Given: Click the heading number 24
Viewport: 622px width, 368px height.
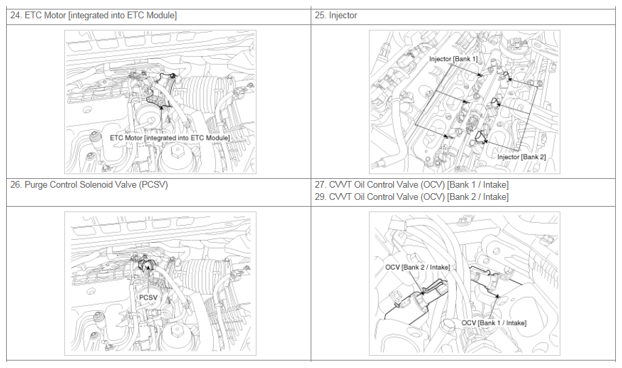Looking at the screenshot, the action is pyautogui.click(x=16, y=16).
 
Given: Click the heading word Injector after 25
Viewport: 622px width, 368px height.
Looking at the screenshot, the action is pyautogui.click(x=343, y=16).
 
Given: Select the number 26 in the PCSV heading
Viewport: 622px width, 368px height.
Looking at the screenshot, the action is pyautogui.click(x=16, y=185).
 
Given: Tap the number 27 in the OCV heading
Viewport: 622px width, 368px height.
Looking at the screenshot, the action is pyautogui.click(x=319, y=185).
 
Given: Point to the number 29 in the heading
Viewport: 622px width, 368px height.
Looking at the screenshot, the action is pyautogui.click(x=319, y=197).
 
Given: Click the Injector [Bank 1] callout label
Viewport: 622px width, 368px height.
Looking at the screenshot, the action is pyautogui.click(x=453, y=59).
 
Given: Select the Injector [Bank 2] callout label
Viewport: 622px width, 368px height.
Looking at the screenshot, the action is pyautogui.click(x=522, y=157).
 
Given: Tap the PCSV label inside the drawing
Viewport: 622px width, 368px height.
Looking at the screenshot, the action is pyautogui.click(x=148, y=298).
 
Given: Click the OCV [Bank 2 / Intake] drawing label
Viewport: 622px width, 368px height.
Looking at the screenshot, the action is pyautogui.click(x=418, y=268).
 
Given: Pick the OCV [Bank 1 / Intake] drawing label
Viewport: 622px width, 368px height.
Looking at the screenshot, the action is pyautogui.click(x=494, y=323).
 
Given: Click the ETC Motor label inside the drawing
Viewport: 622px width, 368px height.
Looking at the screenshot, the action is pyautogui.click(x=170, y=138).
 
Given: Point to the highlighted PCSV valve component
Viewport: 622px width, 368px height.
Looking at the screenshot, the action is pyautogui.click(x=146, y=265).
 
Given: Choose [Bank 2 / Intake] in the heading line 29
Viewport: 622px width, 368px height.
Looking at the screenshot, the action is pyautogui.click(x=478, y=197).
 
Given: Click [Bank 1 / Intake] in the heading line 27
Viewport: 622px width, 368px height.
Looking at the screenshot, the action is pyautogui.click(x=478, y=185).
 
